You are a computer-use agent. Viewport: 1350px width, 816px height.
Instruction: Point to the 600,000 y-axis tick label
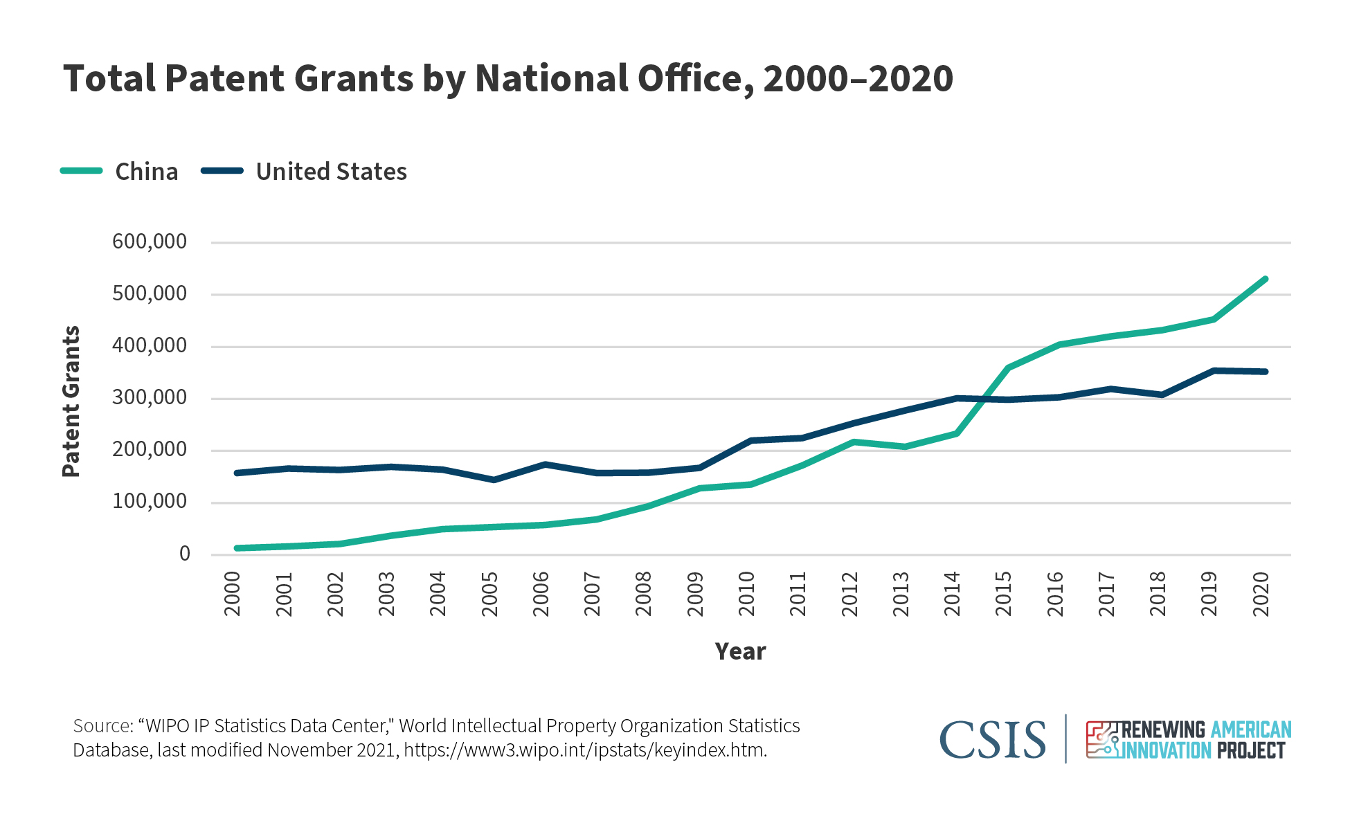(150, 242)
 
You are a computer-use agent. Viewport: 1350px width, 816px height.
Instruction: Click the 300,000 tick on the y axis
(150, 397)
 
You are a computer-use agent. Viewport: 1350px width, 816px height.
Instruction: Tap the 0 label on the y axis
(184, 554)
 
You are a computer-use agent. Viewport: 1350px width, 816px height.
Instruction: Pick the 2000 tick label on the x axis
(233, 594)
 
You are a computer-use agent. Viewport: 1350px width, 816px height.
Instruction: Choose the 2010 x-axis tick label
(746, 594)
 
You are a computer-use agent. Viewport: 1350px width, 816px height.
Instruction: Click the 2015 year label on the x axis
(1003, 594)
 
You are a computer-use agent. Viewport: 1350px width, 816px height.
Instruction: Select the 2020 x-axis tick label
(1261, 594)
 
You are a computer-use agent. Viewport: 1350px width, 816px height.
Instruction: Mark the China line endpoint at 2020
(1265, 279)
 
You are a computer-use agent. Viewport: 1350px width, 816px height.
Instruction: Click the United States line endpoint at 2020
(1265, 372)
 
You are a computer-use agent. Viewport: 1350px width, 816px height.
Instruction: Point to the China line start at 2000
(237, 548)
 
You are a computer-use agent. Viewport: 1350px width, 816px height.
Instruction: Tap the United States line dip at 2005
(494, 480)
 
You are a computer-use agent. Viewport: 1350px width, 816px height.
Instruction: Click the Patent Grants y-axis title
(71, 401)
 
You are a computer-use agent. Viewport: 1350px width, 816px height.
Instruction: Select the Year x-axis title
(740, 651)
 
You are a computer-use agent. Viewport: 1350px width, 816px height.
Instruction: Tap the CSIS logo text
(992, 740)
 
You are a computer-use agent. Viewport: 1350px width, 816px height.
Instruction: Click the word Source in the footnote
(102, 726)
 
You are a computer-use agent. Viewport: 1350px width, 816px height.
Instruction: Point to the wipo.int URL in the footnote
(585, 750)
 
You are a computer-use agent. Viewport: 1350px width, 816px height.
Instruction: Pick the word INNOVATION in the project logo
(1167, 751)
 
